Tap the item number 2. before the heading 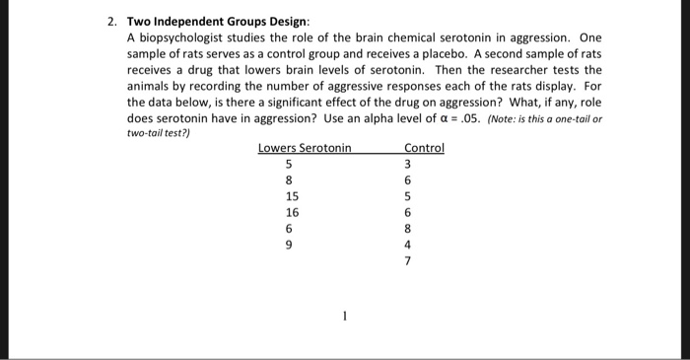pyautogui.click(x=112, y=21)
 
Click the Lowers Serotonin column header pyautogui.click(x=305, y=148)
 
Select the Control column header pyautogui.click(x=424, y=148)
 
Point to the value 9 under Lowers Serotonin pyautogui.click(x=289, y=244)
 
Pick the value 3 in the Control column pyautogui.click(x=407, y=165)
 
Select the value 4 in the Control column pyautogui.click(x=407, y=244)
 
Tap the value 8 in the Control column pyautogui.click(x=407, y=228)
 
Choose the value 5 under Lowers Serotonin pyautogui.click(x=289, y=165)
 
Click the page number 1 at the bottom pyautogui.click(x=345, y=319)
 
